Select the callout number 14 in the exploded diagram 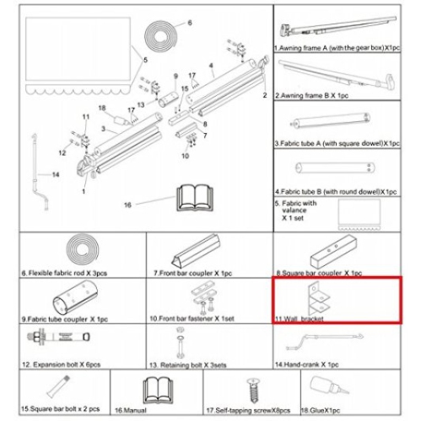tap(55, 174)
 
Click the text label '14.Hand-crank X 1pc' tap(310, 365)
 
